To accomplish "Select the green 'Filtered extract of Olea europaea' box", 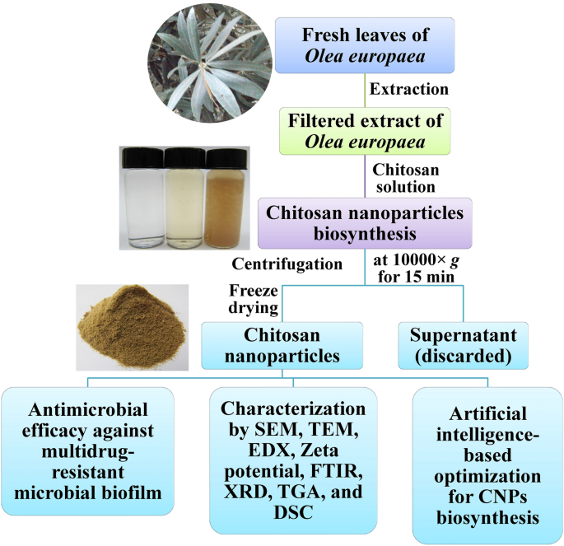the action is (x=364, y=132).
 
